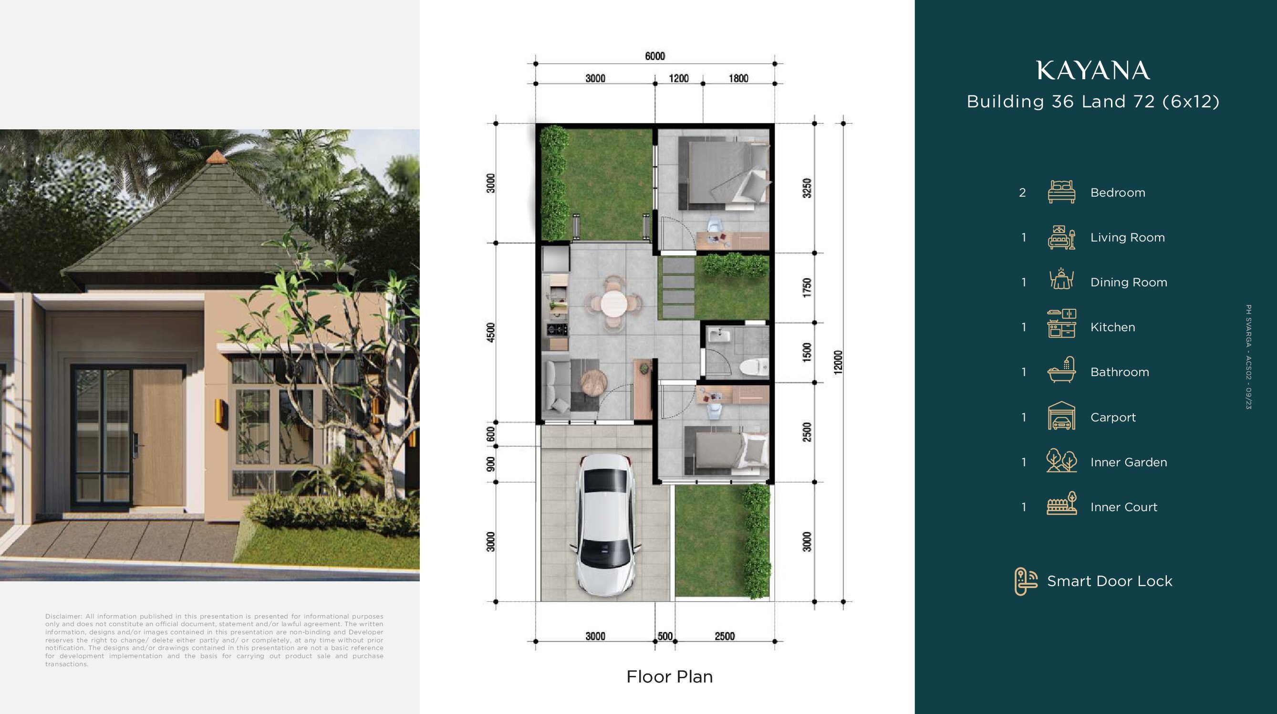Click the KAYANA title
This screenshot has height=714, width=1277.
(x=1093, y=71)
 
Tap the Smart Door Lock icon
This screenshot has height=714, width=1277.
(x=1026, y=581)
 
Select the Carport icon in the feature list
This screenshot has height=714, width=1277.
(x=1061, y=416)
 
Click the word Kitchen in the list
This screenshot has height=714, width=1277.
(x=1112, y=327)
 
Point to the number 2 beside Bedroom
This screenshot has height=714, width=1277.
(x=1022, y=193)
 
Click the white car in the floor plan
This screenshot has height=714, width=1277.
(x=605, y=525)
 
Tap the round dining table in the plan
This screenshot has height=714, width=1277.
(x=614, y=303)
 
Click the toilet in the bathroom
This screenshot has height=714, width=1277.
(x=754, y=367)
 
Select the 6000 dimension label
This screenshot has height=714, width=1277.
(x=655, y=56)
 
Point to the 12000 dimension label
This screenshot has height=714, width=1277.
(x=838, y=362)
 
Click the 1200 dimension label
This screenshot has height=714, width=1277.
(x=679, y=78)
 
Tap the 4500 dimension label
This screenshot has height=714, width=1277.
(x=490, y=332)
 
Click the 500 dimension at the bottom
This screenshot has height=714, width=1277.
(x=665, y=636)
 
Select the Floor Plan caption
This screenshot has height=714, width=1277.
(x=669, y=677)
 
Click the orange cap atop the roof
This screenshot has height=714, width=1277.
(x=217, y=156)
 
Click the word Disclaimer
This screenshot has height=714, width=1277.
(x=63, y=616)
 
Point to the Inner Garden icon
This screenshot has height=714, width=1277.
(x=1061, y=461)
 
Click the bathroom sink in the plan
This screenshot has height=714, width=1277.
(x=719, y=336)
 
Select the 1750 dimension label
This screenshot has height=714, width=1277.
(x=807, y=288)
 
